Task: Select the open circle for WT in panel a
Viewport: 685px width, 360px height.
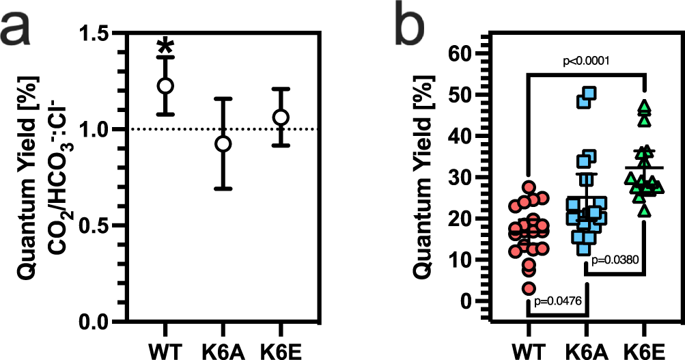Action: coord(165,85)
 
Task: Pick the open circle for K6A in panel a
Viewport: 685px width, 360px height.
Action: coord(223,143)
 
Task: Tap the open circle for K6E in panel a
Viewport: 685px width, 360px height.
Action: coord(281,117)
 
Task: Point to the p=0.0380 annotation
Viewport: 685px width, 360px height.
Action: coord(615,260)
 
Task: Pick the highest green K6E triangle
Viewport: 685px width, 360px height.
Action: coord(644,107)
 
